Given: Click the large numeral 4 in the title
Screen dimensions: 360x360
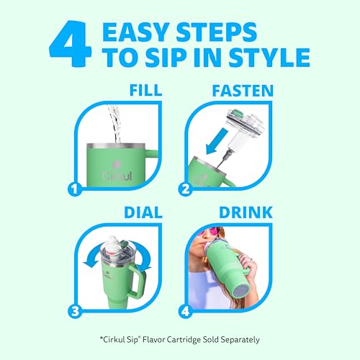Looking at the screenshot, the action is click(70, 44).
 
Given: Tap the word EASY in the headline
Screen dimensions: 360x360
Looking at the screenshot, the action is click(135, 32).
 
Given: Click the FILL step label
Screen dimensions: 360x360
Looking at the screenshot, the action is click(145, 90).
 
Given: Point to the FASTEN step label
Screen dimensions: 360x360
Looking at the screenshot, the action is click(243, 91).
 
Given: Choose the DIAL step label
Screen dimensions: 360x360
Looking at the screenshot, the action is click(143, 212).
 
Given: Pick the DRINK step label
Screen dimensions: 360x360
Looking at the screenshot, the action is click(246, 212).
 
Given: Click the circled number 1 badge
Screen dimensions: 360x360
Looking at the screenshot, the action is click(75, 189).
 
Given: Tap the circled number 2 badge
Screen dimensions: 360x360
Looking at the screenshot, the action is click(186, 189).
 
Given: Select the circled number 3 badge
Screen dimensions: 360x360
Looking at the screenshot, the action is click(75, 311).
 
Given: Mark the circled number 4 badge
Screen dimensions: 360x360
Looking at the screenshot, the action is click(186, 311).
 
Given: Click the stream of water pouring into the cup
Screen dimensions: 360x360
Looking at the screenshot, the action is click(115, 124).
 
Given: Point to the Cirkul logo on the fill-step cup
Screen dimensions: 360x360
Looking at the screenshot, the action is click(117, 172).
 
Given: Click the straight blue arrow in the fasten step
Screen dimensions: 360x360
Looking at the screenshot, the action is click(217, 141).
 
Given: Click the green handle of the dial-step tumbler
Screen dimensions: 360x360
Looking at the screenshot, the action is click(139, 281).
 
